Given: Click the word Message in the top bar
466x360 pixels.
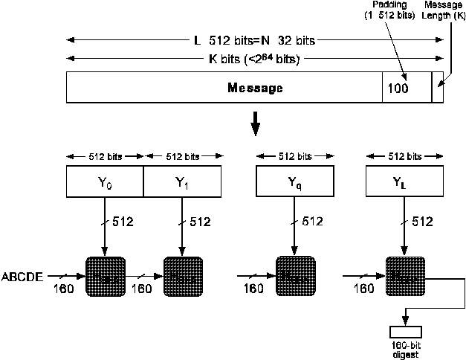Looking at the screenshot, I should (254, 89).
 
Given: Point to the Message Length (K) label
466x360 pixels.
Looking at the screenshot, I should (443, 10).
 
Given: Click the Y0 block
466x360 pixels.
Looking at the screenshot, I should (104, 181).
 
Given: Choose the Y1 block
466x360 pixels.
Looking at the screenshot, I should (182, 181).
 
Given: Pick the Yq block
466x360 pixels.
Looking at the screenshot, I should (294, 181).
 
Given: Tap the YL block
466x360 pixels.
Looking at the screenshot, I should (404, 181).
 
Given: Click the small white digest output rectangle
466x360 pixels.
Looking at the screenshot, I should (405, 332).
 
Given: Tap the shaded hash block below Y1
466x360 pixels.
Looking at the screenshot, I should (182, 276).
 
